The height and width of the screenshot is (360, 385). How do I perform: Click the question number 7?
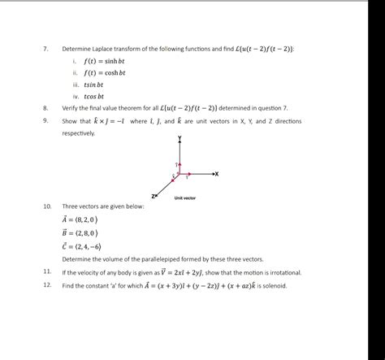[x=45, y=49]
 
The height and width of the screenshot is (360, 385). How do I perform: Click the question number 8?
[x=45, y=107]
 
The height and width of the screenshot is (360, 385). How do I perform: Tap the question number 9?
[x=45, y=121]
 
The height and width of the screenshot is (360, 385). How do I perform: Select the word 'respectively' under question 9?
[x=78, y=132]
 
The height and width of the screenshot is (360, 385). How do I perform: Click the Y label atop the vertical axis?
[x=180, y=139]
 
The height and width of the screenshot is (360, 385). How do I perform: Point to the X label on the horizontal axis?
[x=217, y=174]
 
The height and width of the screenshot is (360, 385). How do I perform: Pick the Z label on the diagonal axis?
[x=153, y=197]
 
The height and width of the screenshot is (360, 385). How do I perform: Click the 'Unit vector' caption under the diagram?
[x=184, y=198]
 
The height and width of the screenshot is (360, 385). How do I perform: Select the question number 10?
[x=46, y=206]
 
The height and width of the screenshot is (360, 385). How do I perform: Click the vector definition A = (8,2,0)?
[x=80, y=219]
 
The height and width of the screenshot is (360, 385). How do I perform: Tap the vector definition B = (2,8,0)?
[x=80, y=232]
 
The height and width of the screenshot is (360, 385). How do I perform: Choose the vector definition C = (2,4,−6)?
[x=82, y=245]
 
